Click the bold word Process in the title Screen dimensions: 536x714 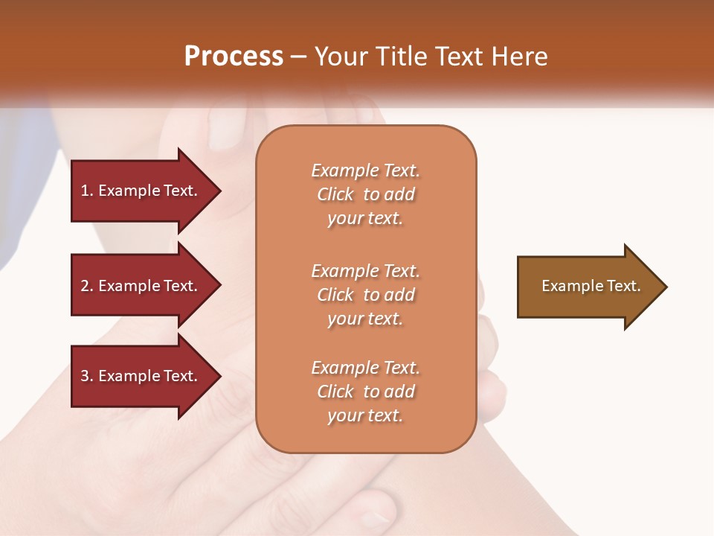point(234,56)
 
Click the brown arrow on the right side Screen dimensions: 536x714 point(588,286)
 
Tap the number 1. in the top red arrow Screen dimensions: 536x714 point(87,191)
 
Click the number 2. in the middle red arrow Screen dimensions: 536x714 point(87,286)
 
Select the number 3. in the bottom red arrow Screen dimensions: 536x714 point(87,376)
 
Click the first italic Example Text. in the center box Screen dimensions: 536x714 point(365,170)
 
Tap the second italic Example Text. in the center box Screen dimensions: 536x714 point(365,271)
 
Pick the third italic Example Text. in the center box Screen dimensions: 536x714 point(365,368)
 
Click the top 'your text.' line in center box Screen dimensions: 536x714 point(365,219)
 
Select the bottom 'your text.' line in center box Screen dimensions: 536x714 point(365,416)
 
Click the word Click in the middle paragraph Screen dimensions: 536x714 point(335,295)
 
